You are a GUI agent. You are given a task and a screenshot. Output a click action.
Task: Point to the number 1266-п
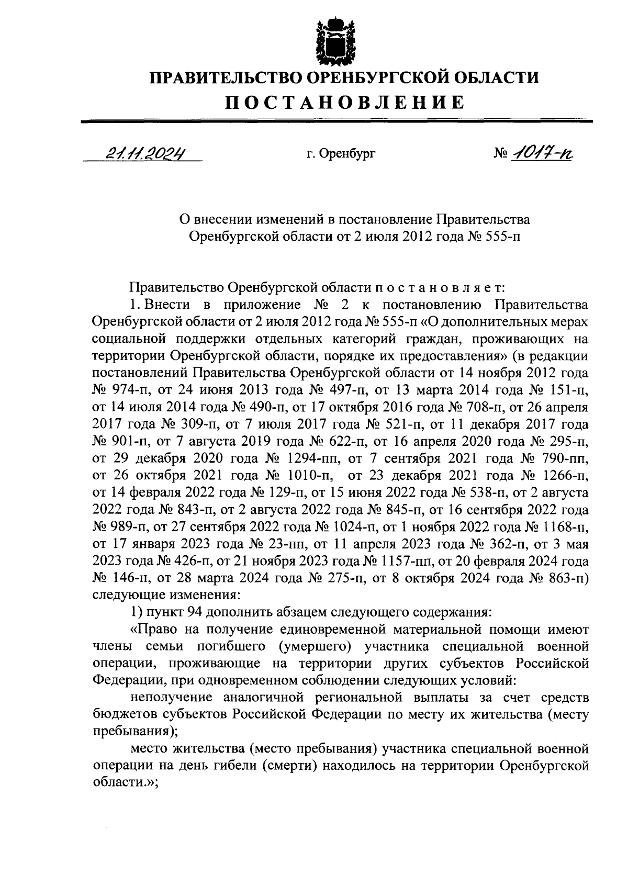click(563, 476)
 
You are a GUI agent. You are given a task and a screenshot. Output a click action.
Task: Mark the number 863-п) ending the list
click(567, 578)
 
